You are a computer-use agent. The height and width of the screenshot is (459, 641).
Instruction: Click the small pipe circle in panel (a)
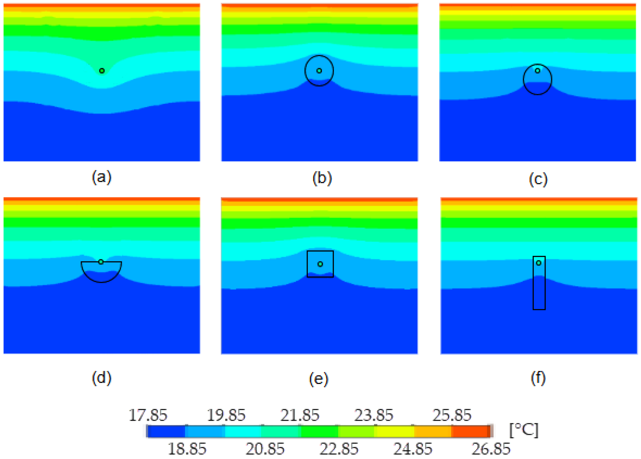point(102,71)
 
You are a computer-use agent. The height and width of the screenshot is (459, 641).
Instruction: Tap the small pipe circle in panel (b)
point(319,71)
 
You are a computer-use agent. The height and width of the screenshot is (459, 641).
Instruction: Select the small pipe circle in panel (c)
point(538,71)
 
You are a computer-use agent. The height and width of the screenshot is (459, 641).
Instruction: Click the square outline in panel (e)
point(320,251)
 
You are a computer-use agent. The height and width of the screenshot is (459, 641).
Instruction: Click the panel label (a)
point(102,177)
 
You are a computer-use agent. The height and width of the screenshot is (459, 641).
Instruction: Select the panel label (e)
point(319,379)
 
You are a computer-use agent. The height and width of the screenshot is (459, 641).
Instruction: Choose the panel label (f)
point(538,378)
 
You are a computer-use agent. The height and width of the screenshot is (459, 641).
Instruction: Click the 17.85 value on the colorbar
point(148,415)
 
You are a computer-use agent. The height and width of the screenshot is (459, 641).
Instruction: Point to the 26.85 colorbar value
point(491,449)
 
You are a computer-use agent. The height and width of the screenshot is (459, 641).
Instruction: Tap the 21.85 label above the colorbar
point(300,415)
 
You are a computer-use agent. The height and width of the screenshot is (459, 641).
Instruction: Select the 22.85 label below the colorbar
point(339,449)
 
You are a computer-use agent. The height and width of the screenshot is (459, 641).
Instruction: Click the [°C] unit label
point(524,430)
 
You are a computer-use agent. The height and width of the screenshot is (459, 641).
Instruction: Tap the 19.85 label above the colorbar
point(226,415)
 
